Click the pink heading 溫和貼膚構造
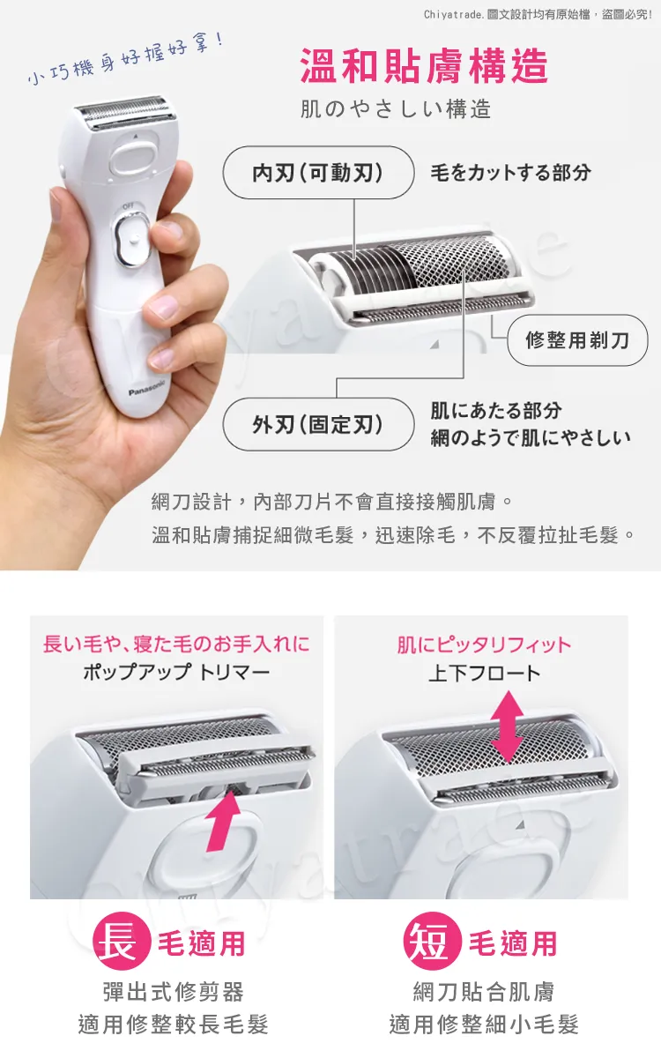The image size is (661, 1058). [x=424, y=66]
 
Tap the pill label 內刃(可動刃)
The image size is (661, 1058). [x=318, y=173]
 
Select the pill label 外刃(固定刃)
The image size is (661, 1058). [x=318, y=424]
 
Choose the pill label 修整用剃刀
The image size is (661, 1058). [x=577, y=339]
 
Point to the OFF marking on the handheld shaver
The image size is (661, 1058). [x=128, y=206]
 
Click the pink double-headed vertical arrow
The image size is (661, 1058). [x=507, y=726]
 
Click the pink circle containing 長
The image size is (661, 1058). [x=122, y=935]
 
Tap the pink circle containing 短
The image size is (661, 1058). [x=432, y=935]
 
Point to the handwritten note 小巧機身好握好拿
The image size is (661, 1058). [x=126, y=58]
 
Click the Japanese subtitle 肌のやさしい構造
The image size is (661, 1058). [x=396, y=109]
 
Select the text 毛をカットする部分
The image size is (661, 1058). [x=510, y=173]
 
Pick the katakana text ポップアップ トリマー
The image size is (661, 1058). [x=176, y=671]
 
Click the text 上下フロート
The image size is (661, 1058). [x=485, y=673]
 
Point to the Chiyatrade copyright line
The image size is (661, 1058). [x=538, y=15]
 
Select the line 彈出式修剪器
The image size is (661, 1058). [x=174, y=992]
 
